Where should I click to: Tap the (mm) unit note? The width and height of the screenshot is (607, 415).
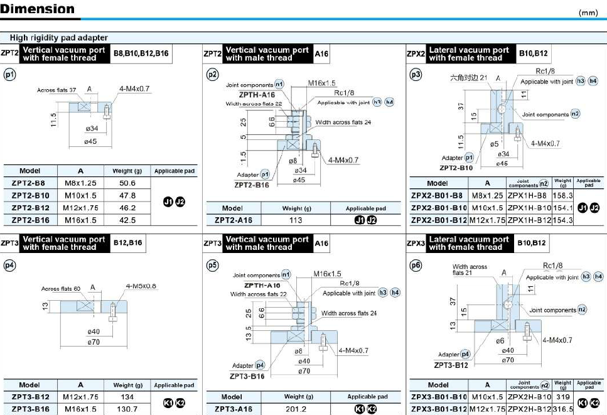589,12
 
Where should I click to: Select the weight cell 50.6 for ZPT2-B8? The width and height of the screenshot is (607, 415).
127,183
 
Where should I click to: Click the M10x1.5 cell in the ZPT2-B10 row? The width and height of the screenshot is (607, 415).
81,195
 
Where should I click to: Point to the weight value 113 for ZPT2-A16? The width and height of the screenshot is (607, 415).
296,220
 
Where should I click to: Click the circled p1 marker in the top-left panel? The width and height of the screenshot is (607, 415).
9,75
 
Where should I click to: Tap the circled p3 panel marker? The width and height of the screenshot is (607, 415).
416,75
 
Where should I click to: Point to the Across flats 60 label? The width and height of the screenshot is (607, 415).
61,289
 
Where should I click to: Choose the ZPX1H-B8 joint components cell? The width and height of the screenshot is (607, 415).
529,195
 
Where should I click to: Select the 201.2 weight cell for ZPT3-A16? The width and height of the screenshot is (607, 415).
294,409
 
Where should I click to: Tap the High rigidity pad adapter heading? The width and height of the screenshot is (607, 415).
58,38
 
